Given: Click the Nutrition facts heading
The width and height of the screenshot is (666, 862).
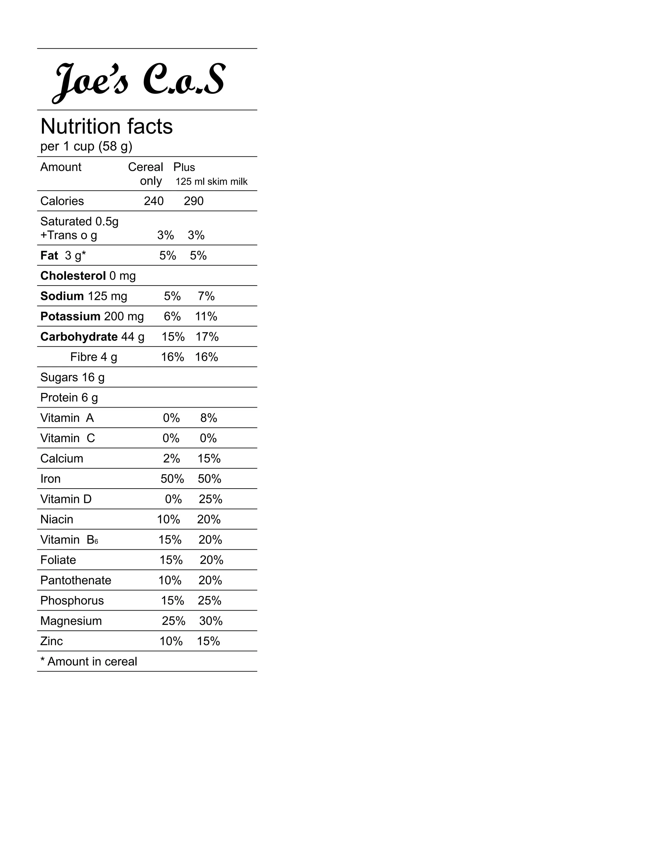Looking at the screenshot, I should point(107,127).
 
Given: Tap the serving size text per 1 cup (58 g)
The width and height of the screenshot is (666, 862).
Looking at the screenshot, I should point(86,146).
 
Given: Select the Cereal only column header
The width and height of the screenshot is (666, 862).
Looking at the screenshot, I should point(146,174).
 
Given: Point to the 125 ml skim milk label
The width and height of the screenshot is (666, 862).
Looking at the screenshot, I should point(211,182).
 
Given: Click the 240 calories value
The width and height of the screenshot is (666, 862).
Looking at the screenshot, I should point(153,201).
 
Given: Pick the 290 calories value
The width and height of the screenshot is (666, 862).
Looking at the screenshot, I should point(194,201).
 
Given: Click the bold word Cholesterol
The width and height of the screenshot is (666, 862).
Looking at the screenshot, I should point(73,276).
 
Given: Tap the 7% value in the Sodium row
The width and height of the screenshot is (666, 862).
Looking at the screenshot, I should point(206,296).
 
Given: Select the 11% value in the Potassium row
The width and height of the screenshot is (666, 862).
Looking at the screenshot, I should point(206,317).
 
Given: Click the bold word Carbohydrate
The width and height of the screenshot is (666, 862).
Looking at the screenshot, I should point(79,337).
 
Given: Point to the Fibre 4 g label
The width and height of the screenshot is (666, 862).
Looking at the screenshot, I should point(94,357).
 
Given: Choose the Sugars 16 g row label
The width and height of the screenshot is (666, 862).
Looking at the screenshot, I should point(72,377).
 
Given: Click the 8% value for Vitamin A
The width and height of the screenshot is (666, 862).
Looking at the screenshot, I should point(208,418).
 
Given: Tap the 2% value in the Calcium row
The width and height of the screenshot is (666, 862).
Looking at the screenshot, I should point(171,459).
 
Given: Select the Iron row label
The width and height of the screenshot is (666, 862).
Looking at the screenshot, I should point(50,479).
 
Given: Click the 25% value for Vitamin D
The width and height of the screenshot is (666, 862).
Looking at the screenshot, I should point(210,499).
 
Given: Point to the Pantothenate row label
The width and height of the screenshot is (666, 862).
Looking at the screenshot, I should point(76,580).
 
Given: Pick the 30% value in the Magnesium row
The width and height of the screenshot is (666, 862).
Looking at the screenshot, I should point(211,621).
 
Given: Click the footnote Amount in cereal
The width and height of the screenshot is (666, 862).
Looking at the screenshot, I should point(89,662).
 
